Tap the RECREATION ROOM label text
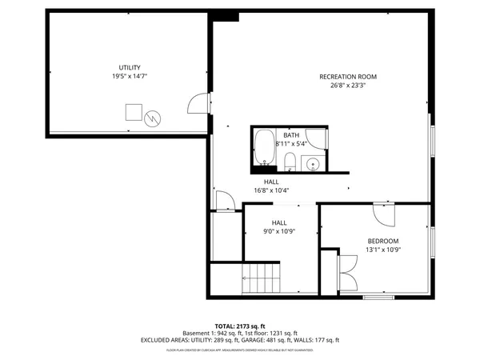tap(347, 77)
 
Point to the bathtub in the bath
tap(263, 148)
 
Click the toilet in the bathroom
tap(290, 163)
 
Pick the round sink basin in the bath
tap(313, 164)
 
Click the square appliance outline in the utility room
tap(134, 110)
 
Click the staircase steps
tap(262, 281)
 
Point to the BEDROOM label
tap(382, 241)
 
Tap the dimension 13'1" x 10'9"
tap(382, 250)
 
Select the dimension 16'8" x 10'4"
tap(271, 190)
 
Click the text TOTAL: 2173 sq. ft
tap(239, 326)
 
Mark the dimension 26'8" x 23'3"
tap(347, 86)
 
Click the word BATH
tap(290, 135)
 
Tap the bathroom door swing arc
tap(317, 141)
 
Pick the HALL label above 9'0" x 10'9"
tap(278, 222)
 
